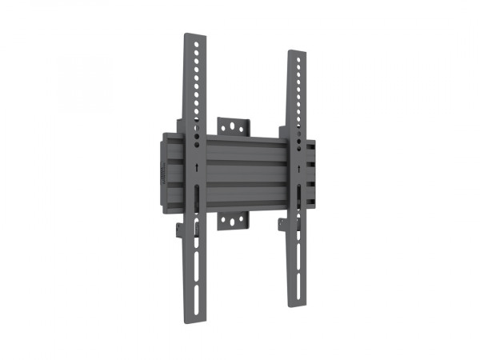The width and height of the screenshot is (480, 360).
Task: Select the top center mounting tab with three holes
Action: [234, 127]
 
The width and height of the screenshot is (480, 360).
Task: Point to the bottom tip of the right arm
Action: [298, 304]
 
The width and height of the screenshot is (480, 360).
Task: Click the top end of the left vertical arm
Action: [194, 36]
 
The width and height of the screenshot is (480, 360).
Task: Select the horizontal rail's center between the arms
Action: [243, 171]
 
